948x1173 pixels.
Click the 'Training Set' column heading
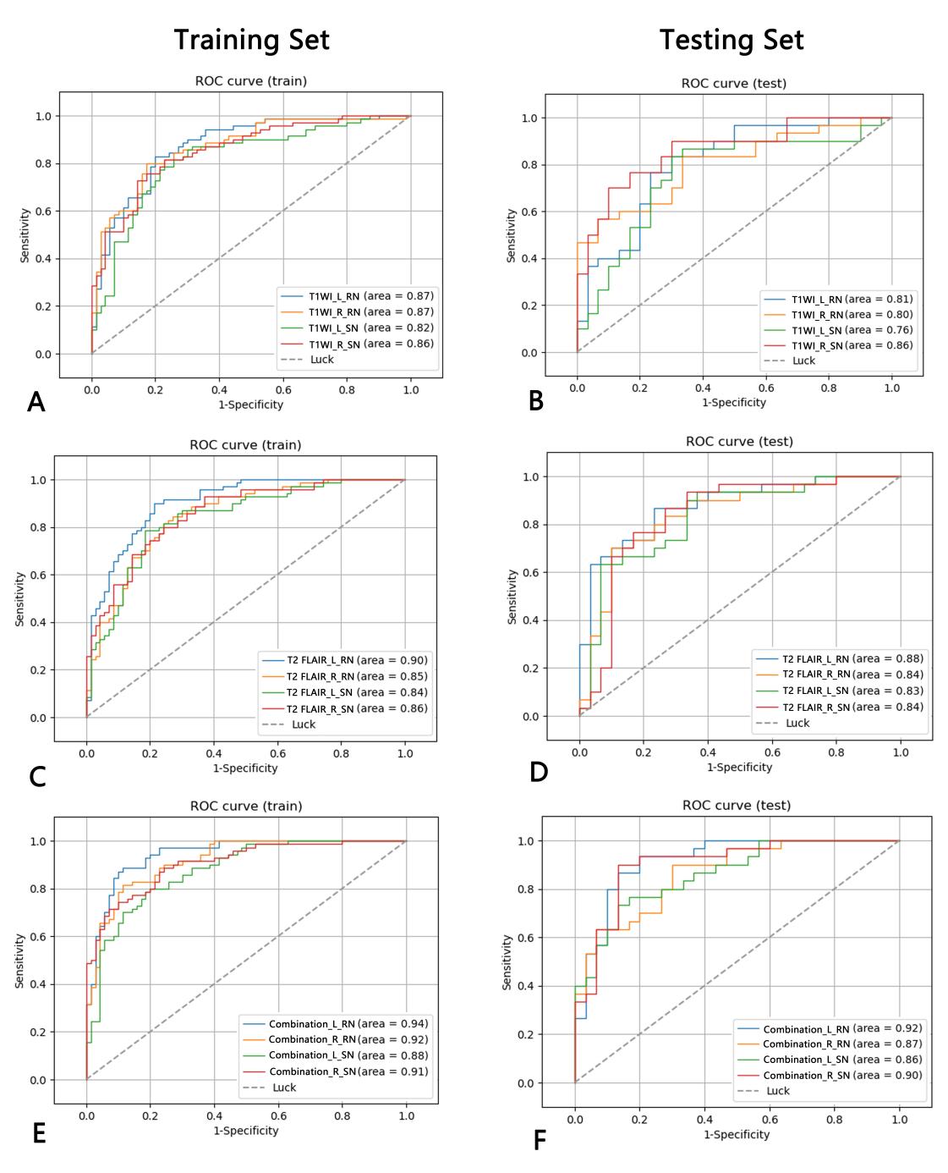[251, 40]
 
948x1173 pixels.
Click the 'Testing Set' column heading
[731, 40]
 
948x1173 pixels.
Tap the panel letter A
[36, 402]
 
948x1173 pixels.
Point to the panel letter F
[540, 1141]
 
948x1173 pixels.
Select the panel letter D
[539, 772]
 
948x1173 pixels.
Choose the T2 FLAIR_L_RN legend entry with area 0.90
[344, 660]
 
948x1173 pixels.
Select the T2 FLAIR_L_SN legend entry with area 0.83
[840, 691]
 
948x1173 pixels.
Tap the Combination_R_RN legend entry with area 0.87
[830, 1044]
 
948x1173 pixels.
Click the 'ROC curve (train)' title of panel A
[250, 81]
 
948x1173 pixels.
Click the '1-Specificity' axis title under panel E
[245, 1130]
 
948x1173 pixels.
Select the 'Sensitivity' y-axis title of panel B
[510, 235]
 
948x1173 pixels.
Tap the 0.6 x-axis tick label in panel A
[282, 390]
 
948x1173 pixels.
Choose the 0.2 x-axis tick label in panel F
[639, 1119]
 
